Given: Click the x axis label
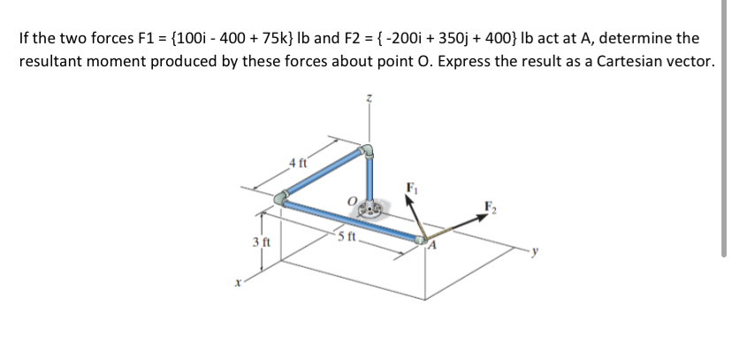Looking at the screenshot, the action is pyautogui.click(x=237, y=283).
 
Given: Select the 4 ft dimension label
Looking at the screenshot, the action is pyautogui.click(x=298, y=162).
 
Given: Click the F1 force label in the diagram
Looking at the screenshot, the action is pyautogui.click(x=409, y=187).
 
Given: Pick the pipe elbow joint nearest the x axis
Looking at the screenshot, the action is pyautogui.click(x=280, y=201).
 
